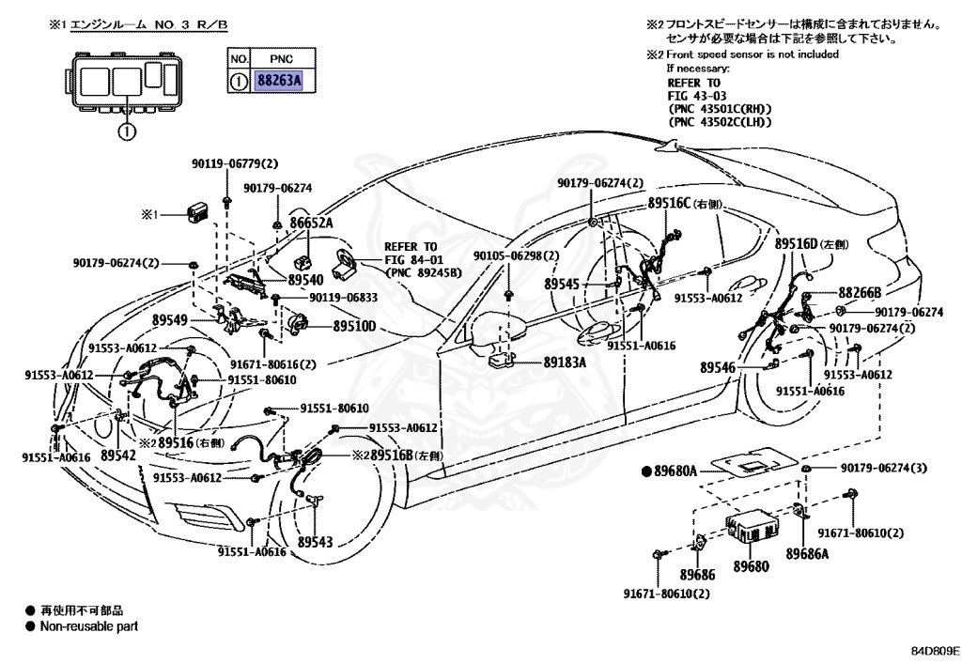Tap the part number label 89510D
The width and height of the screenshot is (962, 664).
coord(355,327)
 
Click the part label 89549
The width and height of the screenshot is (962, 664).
coord(195,320)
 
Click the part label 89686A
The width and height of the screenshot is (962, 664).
coord(807,554)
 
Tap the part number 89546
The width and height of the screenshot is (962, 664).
coord(717,367)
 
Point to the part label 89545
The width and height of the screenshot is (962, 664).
coord(562,282)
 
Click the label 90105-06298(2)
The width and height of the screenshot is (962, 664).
coord(516,255)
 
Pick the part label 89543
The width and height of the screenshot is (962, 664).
coord(317,543)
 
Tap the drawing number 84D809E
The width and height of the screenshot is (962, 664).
coord(933,649)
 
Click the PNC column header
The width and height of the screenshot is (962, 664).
coord(281,58)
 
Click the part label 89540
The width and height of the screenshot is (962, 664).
coord(305,280)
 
